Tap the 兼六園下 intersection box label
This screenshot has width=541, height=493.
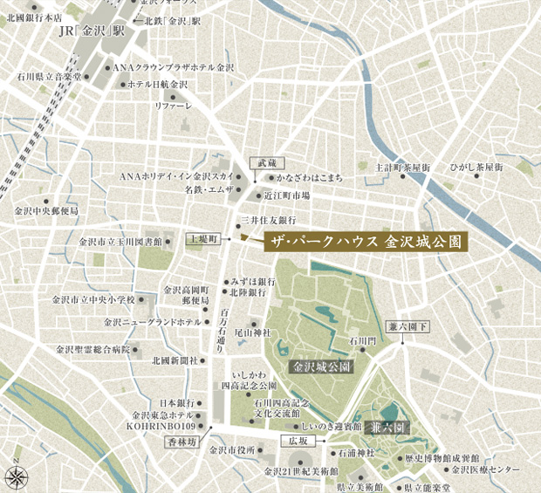pos(409,326)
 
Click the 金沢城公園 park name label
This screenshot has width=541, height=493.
pos(322,367)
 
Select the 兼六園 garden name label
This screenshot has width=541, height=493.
pos(387,428)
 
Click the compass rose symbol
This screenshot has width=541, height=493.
pos(17,476)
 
